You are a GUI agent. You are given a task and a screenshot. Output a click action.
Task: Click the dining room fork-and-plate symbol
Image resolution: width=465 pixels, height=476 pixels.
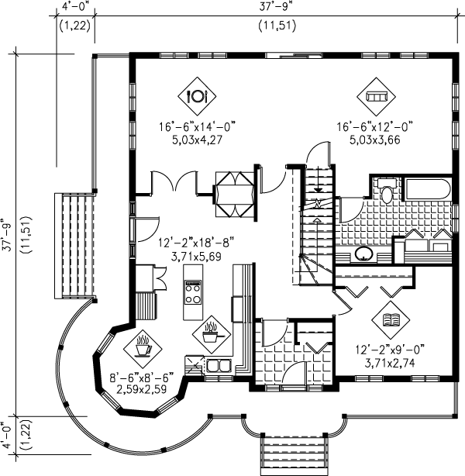pos(197,96)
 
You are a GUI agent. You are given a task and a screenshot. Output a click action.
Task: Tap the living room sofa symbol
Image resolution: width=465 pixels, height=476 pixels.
pos(376,97)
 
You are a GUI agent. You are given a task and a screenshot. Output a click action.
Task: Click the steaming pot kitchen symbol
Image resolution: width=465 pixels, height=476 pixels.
pos(212,335)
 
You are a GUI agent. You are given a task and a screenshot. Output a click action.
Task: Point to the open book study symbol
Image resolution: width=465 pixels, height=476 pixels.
pos(391,320)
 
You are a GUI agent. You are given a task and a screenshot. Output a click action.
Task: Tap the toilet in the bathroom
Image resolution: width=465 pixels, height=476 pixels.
pos(387,191)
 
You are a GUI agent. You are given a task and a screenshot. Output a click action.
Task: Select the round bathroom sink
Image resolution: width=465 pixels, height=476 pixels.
pos(363,254)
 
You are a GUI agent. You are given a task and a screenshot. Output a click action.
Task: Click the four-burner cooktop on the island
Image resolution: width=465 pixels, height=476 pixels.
pos(193,291)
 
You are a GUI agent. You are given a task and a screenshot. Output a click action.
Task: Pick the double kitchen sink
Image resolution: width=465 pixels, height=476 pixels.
pos(219,365)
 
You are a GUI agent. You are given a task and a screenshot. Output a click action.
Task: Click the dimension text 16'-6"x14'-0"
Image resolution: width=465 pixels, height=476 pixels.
pos(198,126)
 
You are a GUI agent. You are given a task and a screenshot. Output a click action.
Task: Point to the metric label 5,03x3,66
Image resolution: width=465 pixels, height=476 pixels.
pos(375,140)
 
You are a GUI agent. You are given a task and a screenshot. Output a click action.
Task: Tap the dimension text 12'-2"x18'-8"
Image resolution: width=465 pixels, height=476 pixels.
pos(196,243)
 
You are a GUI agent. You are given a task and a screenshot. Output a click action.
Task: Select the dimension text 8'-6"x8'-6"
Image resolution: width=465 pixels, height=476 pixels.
pos(142,378)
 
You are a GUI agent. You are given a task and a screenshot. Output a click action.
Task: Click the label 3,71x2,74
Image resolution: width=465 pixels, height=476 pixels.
pos(390,363)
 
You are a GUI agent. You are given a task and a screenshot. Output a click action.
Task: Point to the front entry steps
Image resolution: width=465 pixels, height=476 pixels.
pos(294,452)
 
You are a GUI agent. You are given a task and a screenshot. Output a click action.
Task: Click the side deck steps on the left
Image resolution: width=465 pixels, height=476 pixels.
pos(74,246)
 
